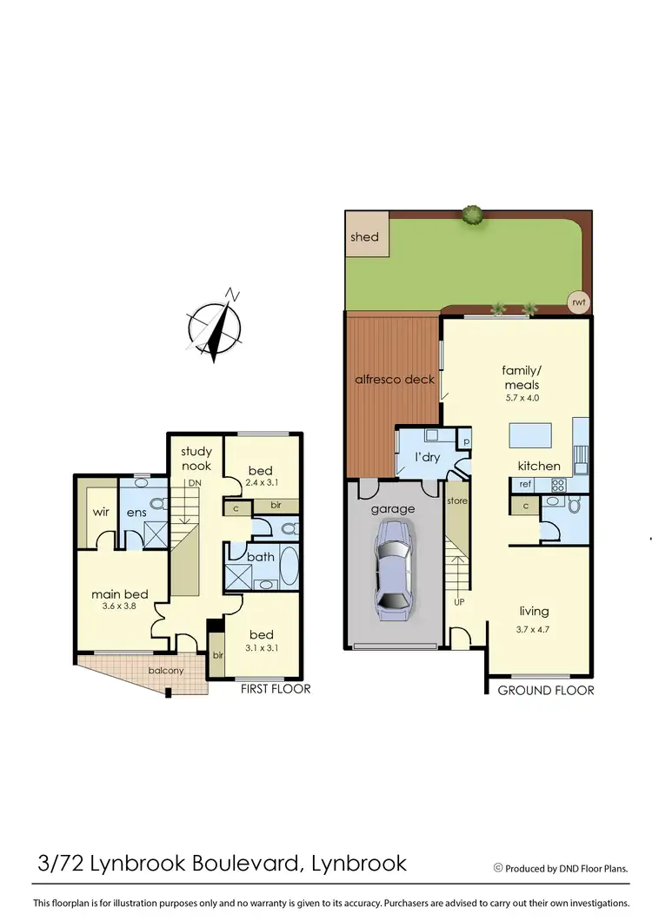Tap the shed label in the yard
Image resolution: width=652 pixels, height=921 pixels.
tap(364, 237)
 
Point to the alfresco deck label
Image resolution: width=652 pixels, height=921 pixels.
tap(394, 379)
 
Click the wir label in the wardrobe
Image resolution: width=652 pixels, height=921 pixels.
tap(100, 512)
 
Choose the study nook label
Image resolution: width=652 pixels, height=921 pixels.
tap(196, 458)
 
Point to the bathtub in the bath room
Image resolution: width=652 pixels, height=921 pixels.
tap(289, 567)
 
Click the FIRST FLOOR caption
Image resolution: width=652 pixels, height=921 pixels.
tap(275, 689)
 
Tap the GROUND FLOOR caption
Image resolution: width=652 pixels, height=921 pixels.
tap(546, 690)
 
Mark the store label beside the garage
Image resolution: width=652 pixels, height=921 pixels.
tap(457, 501)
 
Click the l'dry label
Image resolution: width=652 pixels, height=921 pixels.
tap(426, 457)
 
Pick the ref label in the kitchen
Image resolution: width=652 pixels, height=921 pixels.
tap(525, 484)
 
